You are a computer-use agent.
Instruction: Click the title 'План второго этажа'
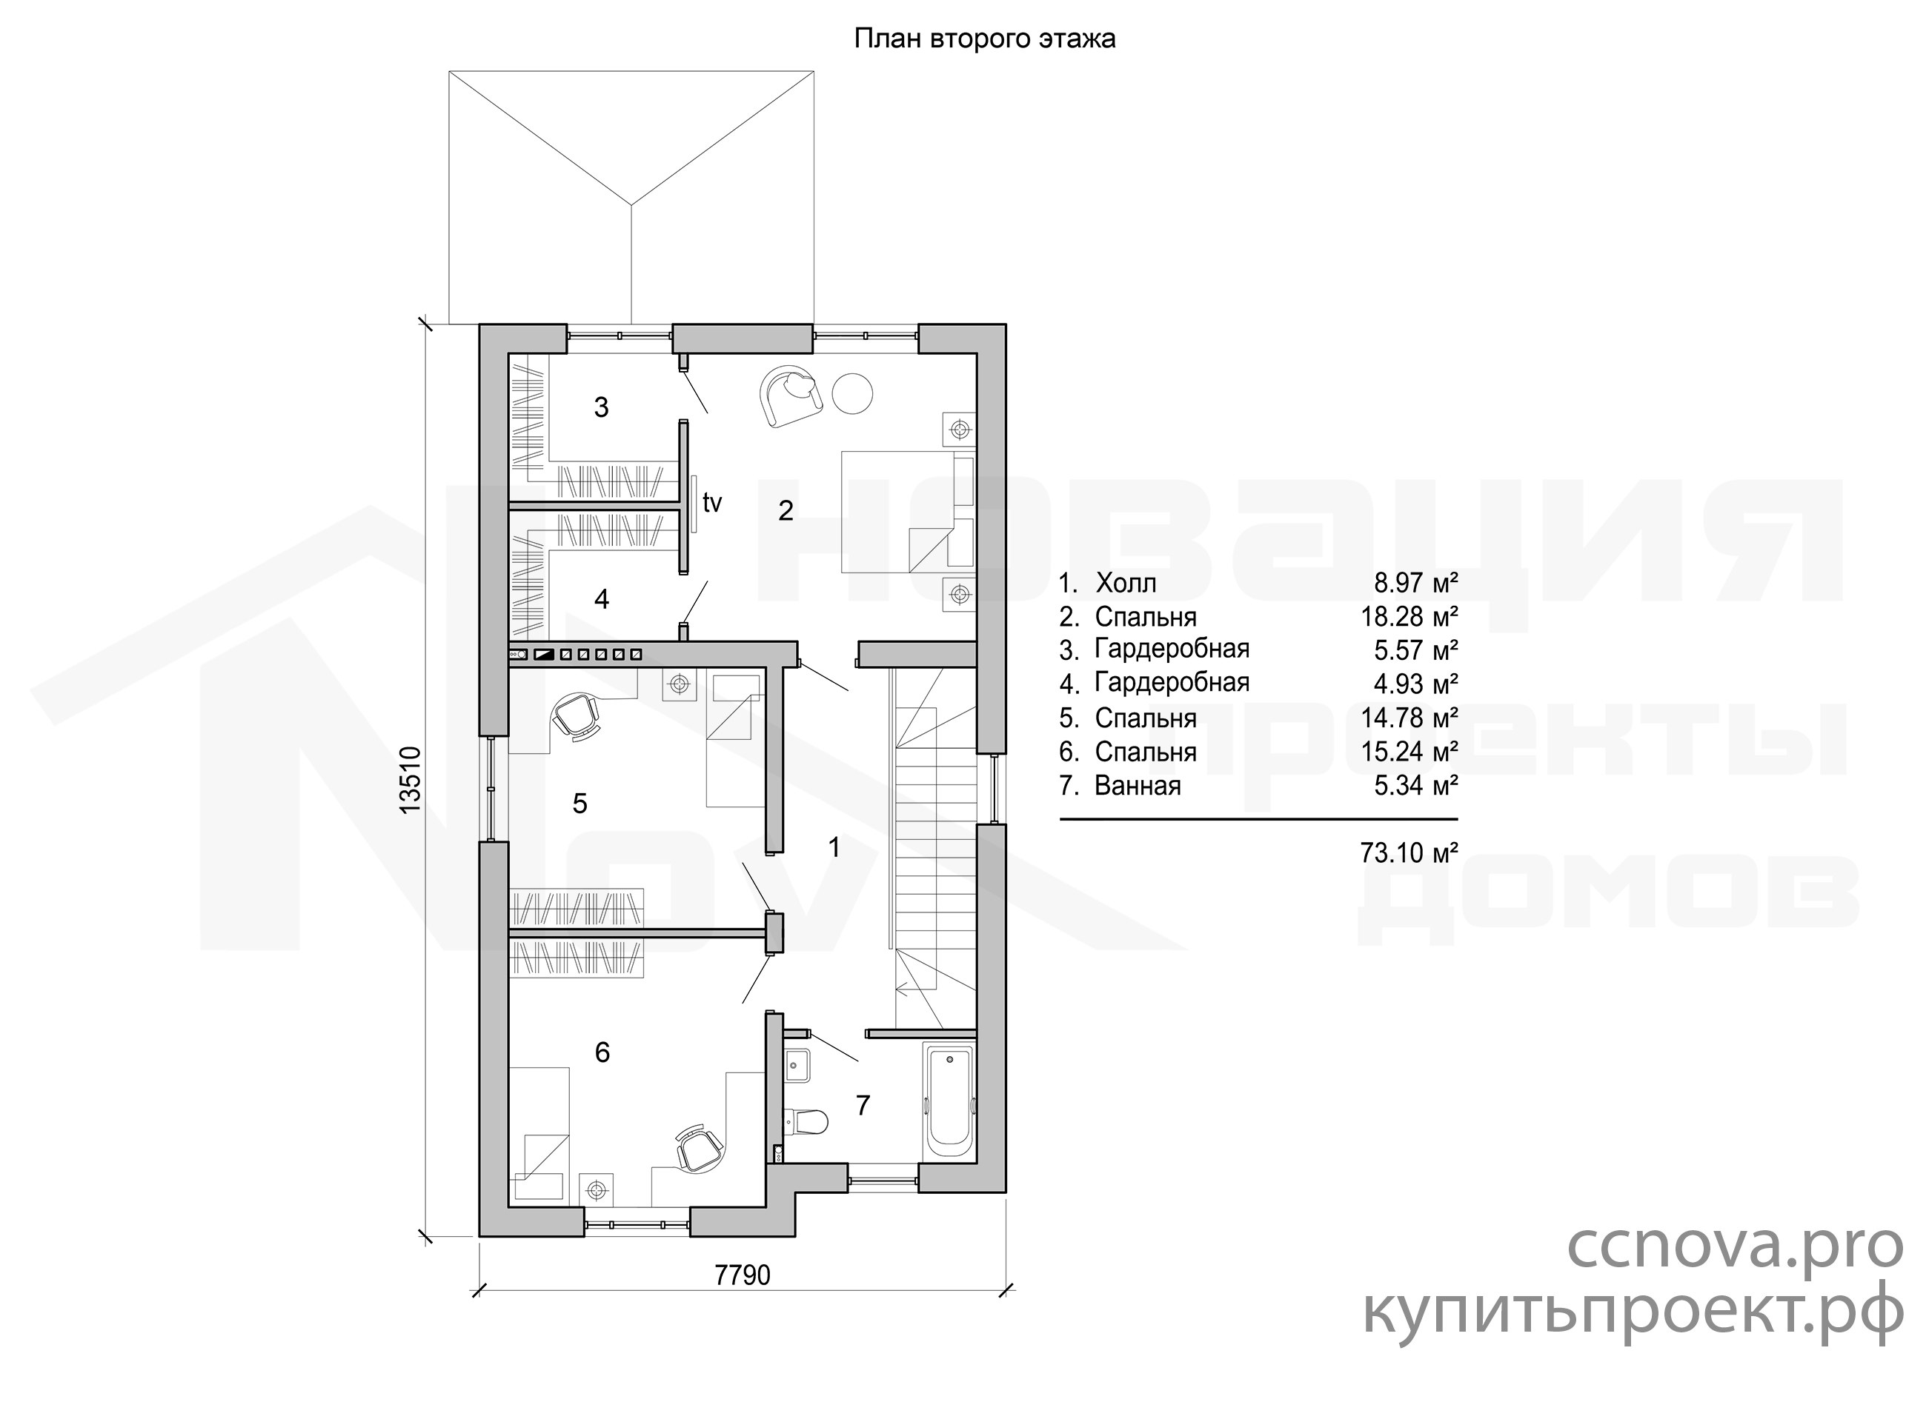(x=983, y=39)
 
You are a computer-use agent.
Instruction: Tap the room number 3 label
(x=601, y=407)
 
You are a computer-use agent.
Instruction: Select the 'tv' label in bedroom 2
(x=711, y=503)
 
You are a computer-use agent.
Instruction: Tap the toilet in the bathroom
(x=806, y=1121)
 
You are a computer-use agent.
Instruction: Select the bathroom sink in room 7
(x=797, y=1065)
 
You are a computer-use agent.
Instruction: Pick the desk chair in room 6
(x=697, y=1148)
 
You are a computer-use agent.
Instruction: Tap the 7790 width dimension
(x=743, y=1275)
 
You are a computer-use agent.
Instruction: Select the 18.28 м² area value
(x=1409, y=617)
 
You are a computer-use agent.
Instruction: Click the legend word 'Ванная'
(x=1138, y=786)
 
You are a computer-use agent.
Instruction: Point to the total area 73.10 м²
(x=1409, y=853)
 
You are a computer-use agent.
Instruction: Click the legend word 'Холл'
(x=1126, y=584)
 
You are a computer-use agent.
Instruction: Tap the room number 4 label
(x=602, y=599)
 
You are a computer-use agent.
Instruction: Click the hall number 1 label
(x=834, y=848)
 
